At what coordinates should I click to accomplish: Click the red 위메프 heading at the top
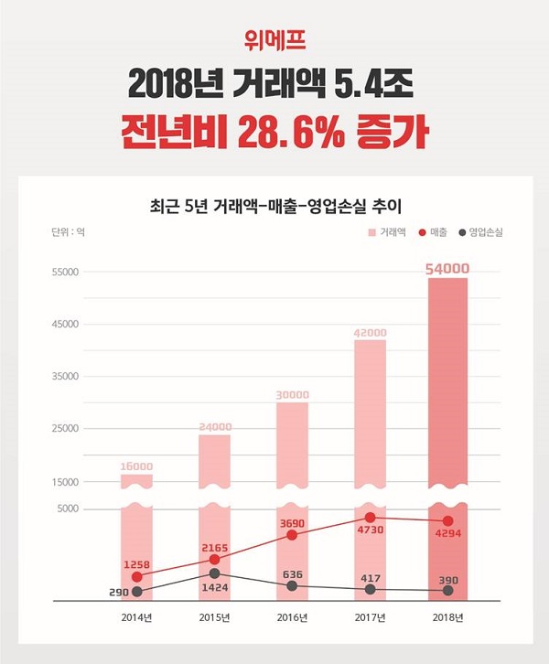(274, 40)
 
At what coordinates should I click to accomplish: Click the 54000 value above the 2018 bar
(447, 268)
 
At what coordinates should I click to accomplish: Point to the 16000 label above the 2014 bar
(136, 466)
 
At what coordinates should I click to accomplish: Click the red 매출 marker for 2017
(371, 518)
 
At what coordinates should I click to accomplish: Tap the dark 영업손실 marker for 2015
(214, 573)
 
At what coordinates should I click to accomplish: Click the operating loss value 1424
(214, 590)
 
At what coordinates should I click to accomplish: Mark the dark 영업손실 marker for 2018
(447, 591)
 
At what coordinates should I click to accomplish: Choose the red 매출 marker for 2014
(137, 577)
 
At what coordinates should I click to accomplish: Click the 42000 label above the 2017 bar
(371, 332)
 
